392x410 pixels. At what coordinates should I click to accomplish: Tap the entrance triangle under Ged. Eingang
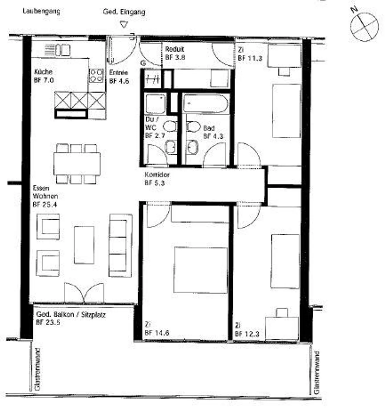(124, 25)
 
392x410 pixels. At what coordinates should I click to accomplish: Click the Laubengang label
(41, 11)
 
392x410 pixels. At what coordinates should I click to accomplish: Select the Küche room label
(43, 72)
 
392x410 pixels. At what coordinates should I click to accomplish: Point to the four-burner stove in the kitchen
(96, 75)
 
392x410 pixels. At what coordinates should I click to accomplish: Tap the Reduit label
(175, 49)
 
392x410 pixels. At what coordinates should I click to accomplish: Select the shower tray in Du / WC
(155, 104)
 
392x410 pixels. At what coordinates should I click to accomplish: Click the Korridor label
(157, 175)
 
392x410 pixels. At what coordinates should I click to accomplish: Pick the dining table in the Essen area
(77, 164)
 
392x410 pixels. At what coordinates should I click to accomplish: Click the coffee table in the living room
(84, 245)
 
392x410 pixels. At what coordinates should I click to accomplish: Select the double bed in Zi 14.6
(200, 270)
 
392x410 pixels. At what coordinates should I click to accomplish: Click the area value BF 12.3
(247, 334)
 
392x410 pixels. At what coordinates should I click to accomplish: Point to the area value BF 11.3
(250, 58)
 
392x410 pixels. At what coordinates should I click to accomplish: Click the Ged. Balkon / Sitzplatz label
(71, 314)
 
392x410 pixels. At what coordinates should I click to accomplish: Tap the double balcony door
(84, 293)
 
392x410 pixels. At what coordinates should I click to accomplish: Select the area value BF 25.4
(45, 204)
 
